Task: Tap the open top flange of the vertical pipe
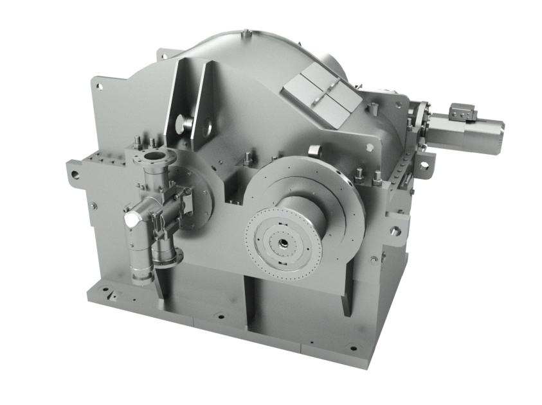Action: (152, 156)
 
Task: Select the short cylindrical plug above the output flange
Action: (313, 150)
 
